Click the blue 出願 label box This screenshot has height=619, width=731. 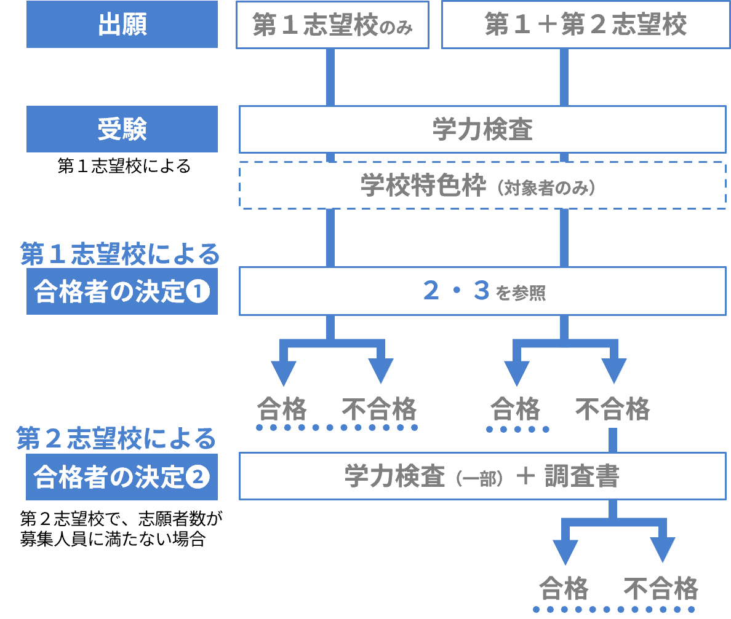(122, 25)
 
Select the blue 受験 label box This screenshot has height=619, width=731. (122, 129)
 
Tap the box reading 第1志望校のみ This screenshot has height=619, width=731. (332, 25)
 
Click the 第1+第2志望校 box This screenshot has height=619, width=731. (585, 25)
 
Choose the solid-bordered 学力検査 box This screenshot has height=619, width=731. (482, 130)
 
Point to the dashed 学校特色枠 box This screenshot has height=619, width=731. (482, 186)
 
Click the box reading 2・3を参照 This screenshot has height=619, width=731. (482, 291)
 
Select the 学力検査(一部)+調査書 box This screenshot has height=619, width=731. (482, 476)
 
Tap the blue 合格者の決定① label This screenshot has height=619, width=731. (122, 291)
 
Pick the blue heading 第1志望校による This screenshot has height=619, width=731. (120, 254)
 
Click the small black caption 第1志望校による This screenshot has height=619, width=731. (124, 167)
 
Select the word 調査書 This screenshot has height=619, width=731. (581, 476)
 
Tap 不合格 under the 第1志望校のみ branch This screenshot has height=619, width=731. (379, 409)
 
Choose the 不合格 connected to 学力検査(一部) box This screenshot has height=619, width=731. (613, 409)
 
